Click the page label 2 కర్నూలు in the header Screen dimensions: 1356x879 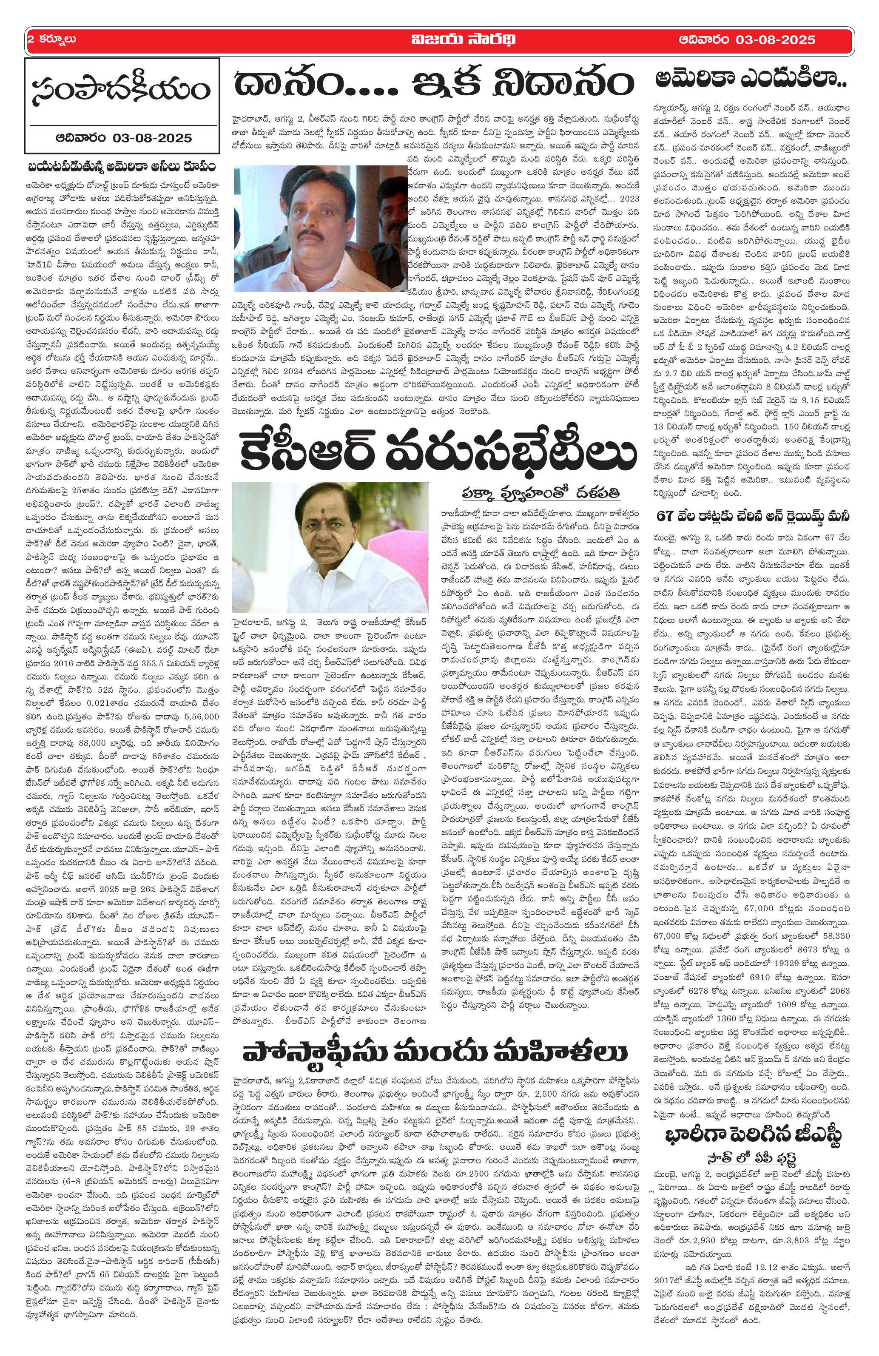[x=52, y=40]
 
